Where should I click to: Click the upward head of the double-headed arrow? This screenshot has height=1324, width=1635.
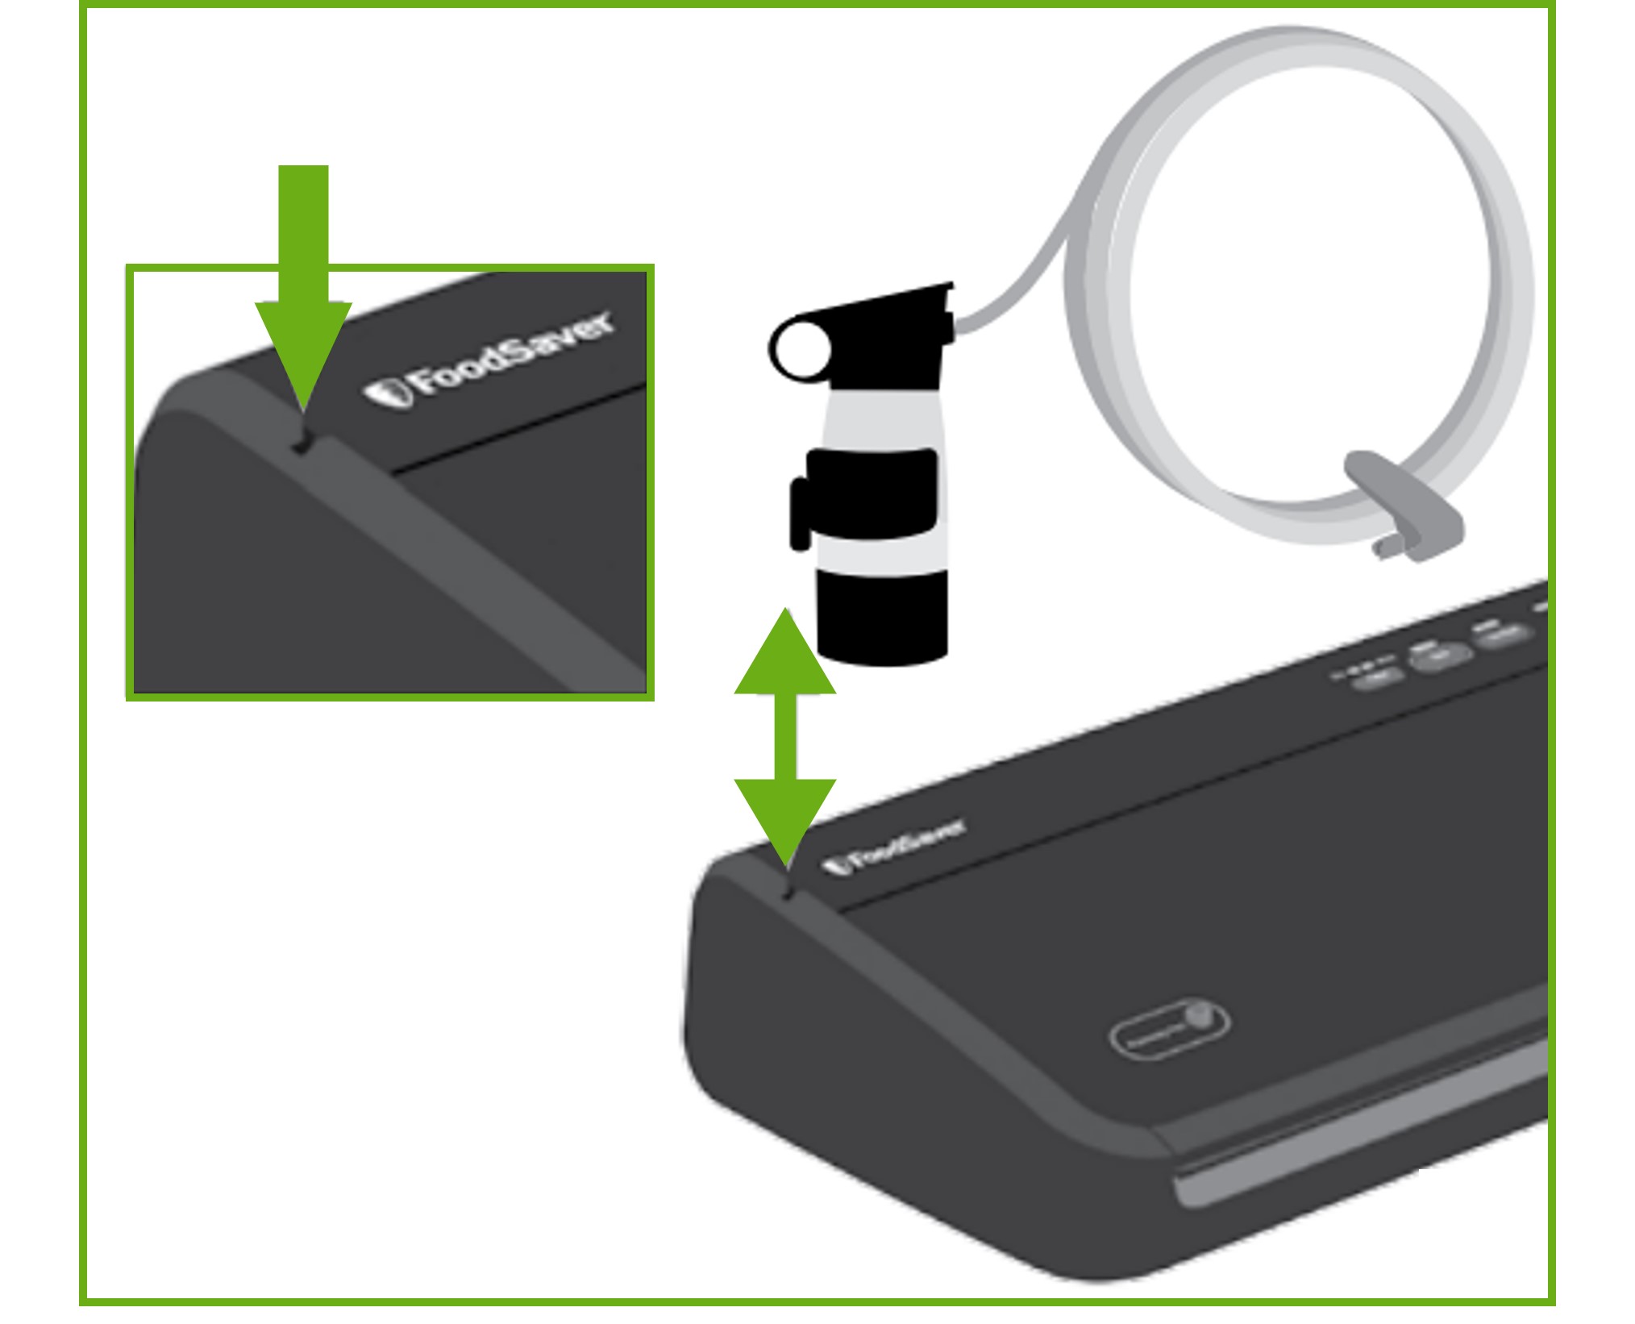click(785, 657)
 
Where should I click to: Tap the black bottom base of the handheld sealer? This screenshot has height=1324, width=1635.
click(882, 617)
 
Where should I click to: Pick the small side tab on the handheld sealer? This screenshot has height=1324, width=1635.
click(800, 514)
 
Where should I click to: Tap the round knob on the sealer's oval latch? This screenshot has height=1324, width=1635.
click(1199, 1014)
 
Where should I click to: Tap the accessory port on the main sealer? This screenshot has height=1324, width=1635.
click(788, 892)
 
